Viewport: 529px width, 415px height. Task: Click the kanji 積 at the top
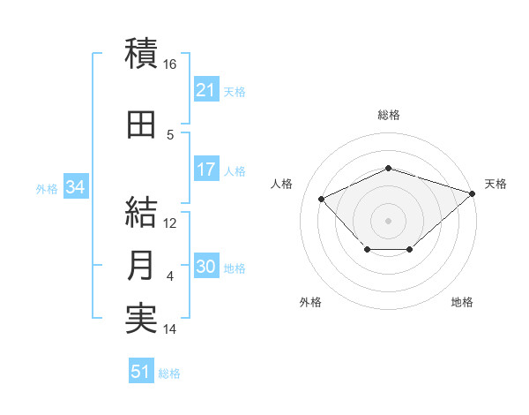141,53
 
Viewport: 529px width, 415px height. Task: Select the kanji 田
141,124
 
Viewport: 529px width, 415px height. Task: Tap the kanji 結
141,212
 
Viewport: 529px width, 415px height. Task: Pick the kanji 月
140,265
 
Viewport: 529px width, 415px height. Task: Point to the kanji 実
141,318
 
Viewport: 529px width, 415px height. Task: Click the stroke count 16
169,64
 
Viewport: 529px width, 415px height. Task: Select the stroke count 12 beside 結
169,223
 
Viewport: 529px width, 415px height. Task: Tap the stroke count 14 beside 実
169,328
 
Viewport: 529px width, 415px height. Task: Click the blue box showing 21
207,89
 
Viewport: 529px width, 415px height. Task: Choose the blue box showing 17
207,169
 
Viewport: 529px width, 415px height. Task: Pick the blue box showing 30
207,265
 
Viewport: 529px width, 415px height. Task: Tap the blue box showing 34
76,186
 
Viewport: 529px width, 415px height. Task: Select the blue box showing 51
141,370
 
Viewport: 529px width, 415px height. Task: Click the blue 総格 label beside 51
169,373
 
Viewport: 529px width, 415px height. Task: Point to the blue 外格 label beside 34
47,189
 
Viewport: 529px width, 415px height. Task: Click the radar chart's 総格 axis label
389,115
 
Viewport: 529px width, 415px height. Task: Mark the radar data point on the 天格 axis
473,193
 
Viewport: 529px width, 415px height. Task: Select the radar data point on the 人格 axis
322,199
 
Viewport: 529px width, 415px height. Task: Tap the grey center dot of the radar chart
388,221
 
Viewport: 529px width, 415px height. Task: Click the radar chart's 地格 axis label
462,302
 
